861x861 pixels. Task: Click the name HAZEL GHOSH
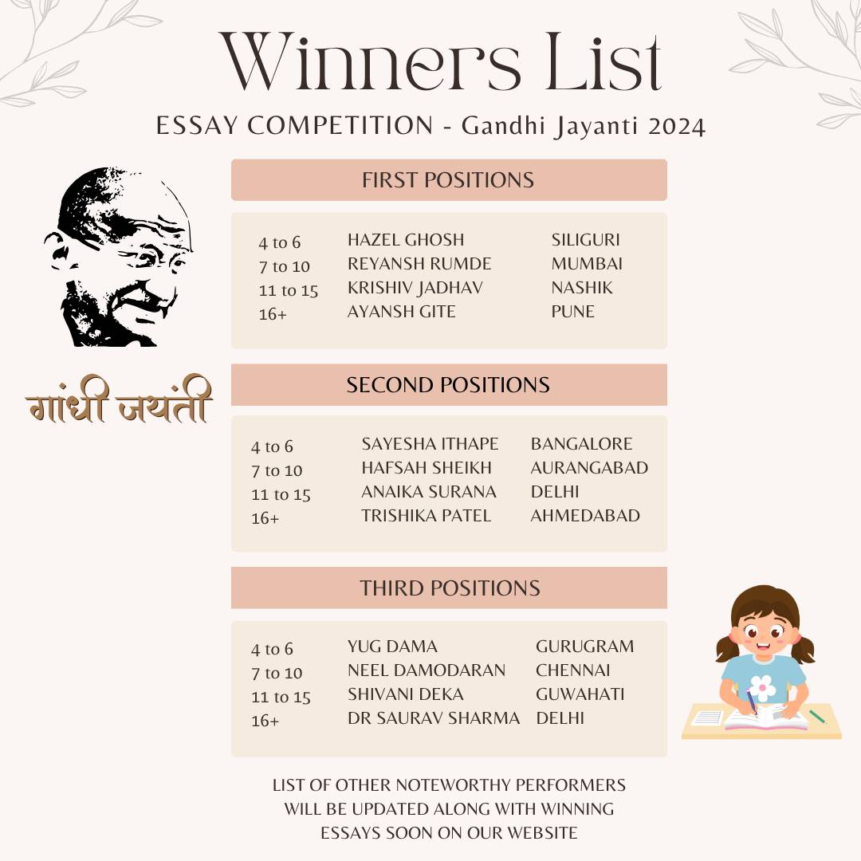pyautogui.click(x=405, y=240)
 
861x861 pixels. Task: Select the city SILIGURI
pyautogui.click(x=585, y=240)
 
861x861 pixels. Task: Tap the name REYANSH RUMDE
pyautogui.click(x=419, y=264)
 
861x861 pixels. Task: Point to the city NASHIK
pyautogui.click(x=582, y=288)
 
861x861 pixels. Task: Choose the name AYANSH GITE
pyautogui.click(x=401, y=312)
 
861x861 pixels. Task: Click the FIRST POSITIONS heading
pyautogui.click(x=448, y=180)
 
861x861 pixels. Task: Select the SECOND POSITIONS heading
pyautogui.click(x=448, y=385)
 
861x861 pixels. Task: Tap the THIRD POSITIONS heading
pyautogui.click(x=450, y=588)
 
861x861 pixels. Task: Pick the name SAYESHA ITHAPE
pyautogui.click(x=430, y=444)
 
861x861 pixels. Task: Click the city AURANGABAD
pyautogui.click(x=589, y=468)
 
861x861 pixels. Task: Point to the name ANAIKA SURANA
pyautogui.click(x=428, y=492)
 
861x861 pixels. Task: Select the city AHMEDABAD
pyautogui.click(x=585, y=516)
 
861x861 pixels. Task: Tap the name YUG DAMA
pyautogui.click(x=392, y=647)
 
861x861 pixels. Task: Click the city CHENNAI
pyautogui.click(x=572, y=670)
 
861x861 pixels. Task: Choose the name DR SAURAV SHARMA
pyautogui.click(x=433, y=718)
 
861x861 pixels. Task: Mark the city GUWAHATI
pyautogui.click(x=580, y=694)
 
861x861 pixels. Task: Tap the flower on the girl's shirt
pyautogui.click(x=763, y=687)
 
